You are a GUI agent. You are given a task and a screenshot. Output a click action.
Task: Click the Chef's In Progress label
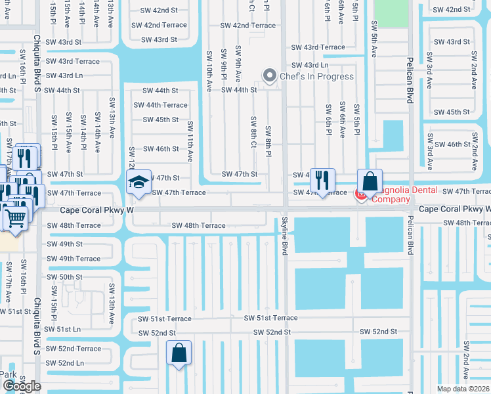coord(316,76)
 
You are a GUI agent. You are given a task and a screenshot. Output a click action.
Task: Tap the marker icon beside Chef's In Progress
coord(268,76)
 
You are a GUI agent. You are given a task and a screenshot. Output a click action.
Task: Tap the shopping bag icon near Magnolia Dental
coord(370,181)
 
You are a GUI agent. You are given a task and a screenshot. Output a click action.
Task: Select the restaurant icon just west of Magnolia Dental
coord(322,181)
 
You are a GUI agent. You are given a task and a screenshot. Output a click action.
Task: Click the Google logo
coord(22,386)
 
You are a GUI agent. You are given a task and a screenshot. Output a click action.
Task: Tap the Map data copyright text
coord(464,389)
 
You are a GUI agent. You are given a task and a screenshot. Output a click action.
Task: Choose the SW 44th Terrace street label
coord(161,105)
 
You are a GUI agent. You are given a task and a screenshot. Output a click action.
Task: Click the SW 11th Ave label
coord(190,141)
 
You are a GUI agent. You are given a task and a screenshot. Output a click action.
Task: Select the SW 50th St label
coord(64,277)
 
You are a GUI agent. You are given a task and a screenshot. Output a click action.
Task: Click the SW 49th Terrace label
coord(74,259)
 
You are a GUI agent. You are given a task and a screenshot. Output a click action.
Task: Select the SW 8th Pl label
coord(268,141)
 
